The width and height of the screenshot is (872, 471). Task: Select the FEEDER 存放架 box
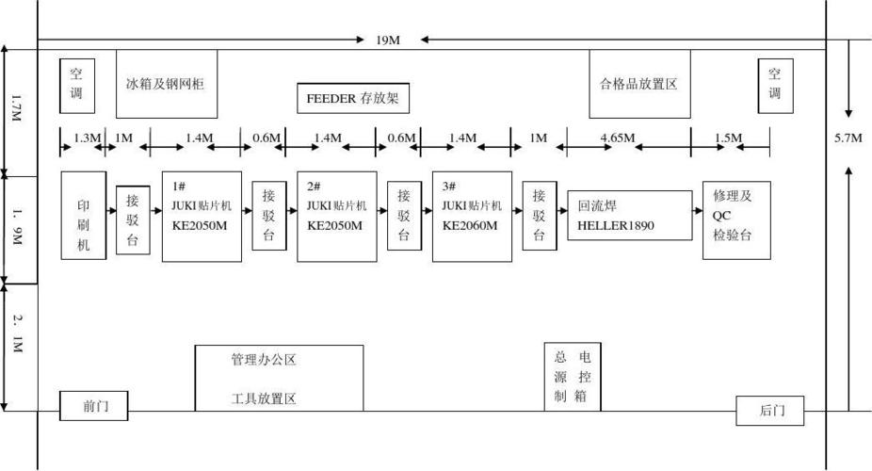[x=354, y=98]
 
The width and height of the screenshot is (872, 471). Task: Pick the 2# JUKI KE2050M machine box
[x=337, y=216]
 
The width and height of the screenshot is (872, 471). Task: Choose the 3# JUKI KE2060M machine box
[x=473, y=216]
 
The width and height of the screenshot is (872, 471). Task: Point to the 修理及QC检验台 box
[x=736, y=219]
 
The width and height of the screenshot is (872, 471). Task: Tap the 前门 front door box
[x=94, y=407]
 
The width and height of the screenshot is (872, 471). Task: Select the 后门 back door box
[x=770, y=411]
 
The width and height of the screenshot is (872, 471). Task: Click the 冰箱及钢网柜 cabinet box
[x=167, y=84]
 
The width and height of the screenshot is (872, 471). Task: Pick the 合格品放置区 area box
[x=639, y=84]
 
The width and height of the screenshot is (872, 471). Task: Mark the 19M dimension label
[x=388, y=40]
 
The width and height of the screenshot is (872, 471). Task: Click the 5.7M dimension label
[x=848, y=138]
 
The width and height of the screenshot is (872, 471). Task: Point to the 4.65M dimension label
[x=618, y=138]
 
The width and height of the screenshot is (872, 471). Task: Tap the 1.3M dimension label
[x=87, y=138]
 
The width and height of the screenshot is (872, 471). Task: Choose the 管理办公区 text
[x=264, y=360]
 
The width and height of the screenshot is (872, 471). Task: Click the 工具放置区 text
[x=264, y=398]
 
